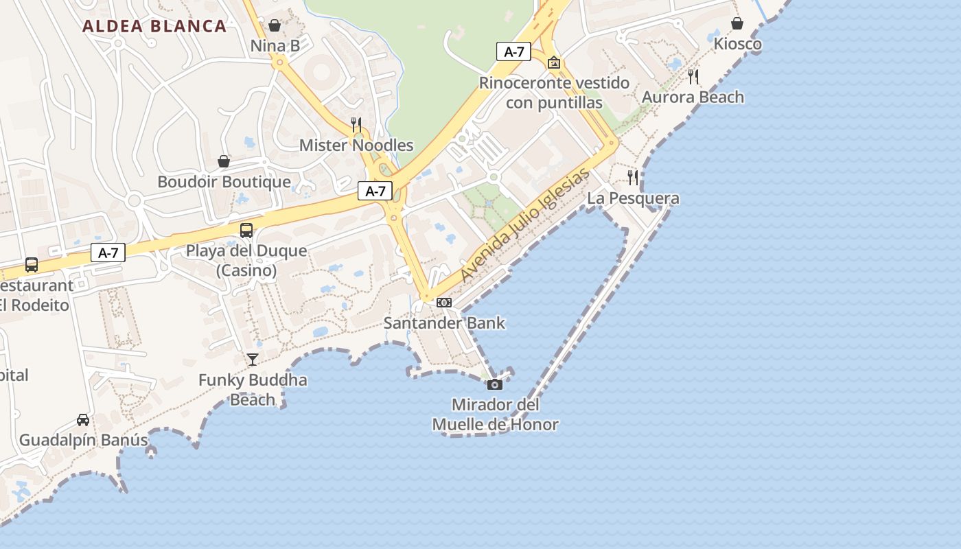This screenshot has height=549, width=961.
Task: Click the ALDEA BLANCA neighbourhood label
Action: point(154,27)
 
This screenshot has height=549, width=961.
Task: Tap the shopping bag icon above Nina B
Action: point(275,25)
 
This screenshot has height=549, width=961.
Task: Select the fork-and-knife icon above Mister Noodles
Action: point(356,124)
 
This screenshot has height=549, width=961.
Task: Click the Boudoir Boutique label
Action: point(224,182)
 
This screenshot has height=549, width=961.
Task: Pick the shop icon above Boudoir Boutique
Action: point(224,161)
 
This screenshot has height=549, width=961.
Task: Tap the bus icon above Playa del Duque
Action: point(246,231)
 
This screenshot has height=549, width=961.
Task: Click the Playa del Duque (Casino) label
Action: point(246,260)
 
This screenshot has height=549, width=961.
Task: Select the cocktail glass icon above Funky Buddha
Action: point(253,359)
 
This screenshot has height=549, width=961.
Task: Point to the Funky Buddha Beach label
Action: point(253,390)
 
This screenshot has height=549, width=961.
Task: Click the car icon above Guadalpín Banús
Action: point(83,419)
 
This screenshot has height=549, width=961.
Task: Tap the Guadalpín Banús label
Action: point(83,440)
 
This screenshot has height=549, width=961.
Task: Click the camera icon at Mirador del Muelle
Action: point(495,384)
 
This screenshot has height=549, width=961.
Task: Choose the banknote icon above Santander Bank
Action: point(444,303)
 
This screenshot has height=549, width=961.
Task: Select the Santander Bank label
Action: point(444,323)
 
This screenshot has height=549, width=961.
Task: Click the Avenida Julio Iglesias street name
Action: point(525,225)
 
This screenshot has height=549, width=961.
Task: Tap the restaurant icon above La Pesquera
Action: point(633,178)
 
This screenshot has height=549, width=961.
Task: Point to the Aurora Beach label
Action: point(693,97)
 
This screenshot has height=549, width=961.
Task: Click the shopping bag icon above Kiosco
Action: point(737,24)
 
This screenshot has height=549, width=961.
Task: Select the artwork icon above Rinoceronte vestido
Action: point(554,62)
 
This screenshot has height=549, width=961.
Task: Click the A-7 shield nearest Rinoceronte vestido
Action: point(513,51)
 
